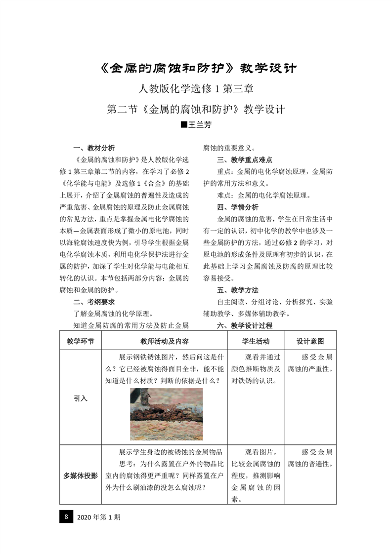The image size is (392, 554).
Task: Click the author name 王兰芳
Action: (x=200, y=125)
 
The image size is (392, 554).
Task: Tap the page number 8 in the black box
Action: (x=66, y=517)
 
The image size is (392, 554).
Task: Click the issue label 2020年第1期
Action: (x=99, y=517)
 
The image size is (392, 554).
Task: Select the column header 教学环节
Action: (x=80, y=341)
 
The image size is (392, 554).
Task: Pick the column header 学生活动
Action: (x=256, y=341)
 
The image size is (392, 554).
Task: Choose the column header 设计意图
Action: (x=310, y=341)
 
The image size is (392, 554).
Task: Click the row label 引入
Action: (x=80, y=398)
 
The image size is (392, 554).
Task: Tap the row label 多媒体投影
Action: (x=80, y=475)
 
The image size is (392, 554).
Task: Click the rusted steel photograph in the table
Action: (x=166, y=414)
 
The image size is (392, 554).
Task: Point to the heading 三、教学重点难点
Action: (x=245, y=160)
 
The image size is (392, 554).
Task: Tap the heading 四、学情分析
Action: (x=238, y=207)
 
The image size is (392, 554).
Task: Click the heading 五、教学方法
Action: (x=238, y=290)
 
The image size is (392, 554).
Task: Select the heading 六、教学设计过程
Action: (x=245, y=326)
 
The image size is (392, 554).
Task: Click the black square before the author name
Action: (x=184, y=125)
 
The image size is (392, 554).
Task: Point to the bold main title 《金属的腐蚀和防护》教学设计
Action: (x=196, y=68)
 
